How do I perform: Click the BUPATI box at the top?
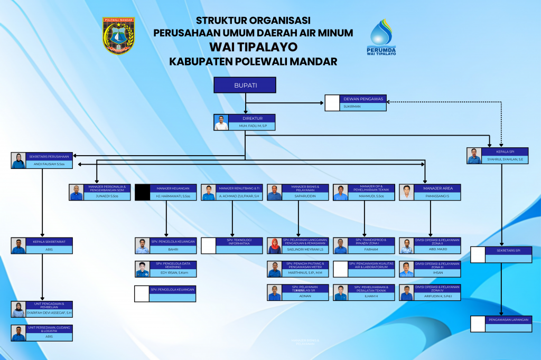click(245, 86)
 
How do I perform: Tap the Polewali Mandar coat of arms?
click(118, 35)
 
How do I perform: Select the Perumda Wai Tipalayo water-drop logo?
click(381, 37)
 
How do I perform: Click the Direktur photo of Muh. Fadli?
click(221, 122)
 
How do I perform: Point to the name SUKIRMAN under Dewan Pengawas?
click(352, 107)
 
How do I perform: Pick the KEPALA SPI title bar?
click(505, 151)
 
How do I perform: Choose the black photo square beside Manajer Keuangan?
click(142, 193)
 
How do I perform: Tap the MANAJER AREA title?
click(437, 188)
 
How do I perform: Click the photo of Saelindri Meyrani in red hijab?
click(274, 246)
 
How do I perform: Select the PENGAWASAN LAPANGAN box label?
click(508, 319)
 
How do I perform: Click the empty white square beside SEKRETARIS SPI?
click(478, 254)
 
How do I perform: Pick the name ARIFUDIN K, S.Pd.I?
click(437, 297)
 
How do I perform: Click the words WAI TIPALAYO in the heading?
click(253, 47)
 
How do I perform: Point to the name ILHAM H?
click(371, 297)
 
